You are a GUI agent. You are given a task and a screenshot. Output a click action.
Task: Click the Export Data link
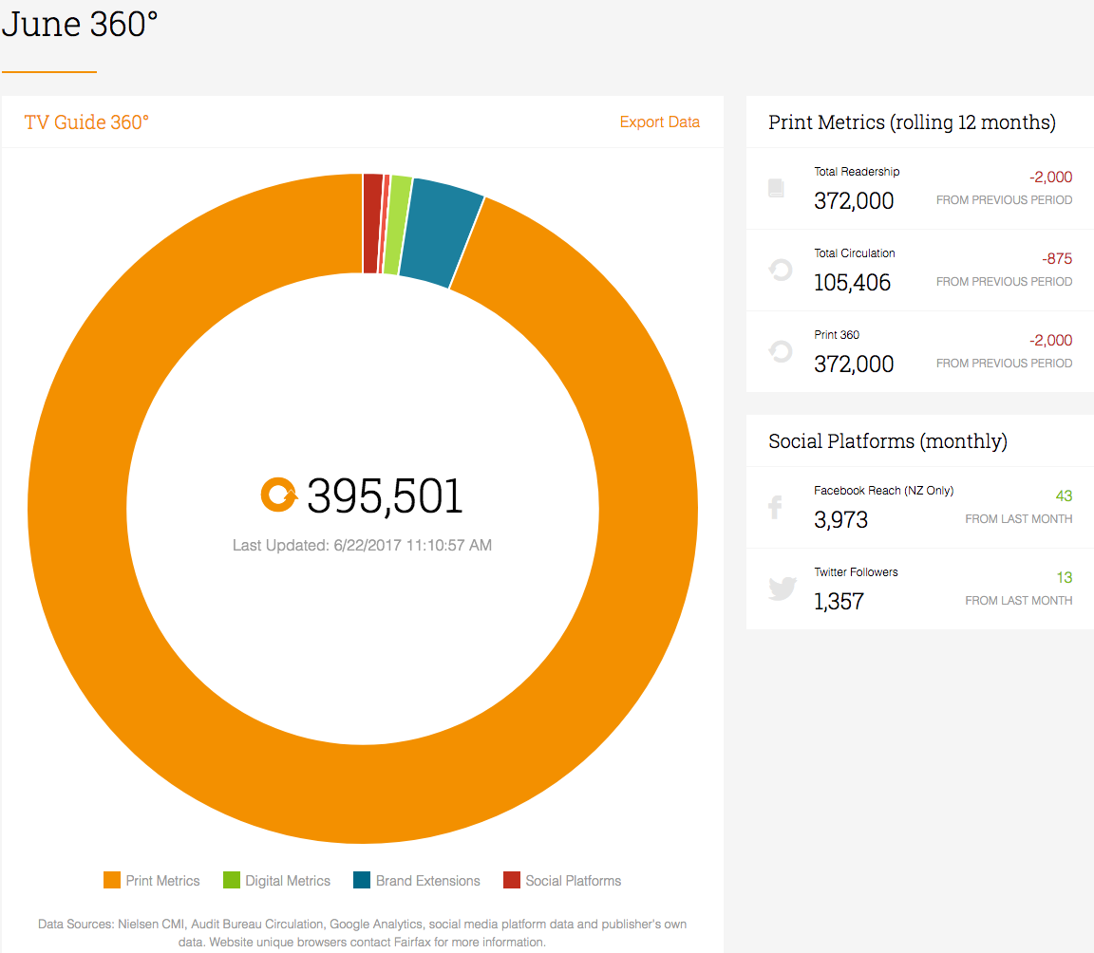(659, 122)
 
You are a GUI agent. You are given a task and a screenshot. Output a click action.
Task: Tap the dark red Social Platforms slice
(372, 223)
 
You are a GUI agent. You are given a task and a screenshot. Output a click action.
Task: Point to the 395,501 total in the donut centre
(385, 496)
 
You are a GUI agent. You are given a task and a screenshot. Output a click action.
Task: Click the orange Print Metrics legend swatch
(112, 880)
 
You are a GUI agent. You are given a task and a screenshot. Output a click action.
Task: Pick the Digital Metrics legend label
(288, 881)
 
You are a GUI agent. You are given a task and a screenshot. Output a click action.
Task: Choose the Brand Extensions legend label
(427, 881)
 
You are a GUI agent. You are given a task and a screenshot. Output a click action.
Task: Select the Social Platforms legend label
(573, 881)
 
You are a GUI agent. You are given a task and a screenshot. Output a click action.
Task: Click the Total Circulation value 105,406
(852, 282)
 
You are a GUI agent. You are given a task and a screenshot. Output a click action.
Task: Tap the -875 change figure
(1057, 258)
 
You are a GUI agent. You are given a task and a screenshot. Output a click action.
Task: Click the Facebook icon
(775, 507)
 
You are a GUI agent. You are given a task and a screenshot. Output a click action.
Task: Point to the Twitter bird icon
(783, 589)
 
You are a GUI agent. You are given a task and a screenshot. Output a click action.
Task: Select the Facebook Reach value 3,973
(840, 519)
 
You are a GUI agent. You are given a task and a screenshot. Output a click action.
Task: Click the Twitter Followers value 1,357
(839, 601)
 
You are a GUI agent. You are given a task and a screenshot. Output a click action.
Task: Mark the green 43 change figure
(1064, 495)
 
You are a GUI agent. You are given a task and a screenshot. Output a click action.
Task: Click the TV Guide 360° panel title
(86, 122)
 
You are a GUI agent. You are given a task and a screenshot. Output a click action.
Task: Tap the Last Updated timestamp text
(362, 545)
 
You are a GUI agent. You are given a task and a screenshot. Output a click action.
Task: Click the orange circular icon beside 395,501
(279, 495)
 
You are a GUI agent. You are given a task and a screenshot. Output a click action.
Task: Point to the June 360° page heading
(80, 24)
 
